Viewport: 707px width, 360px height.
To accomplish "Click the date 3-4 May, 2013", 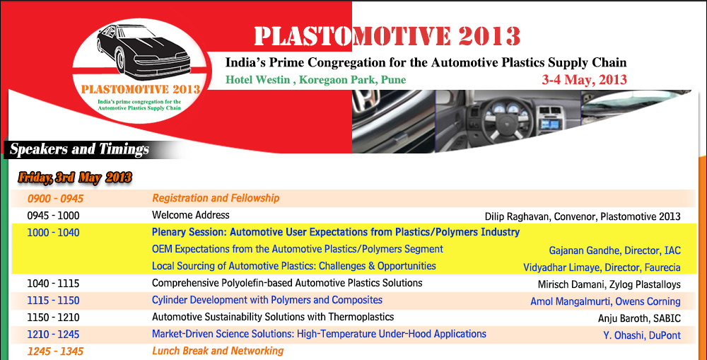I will pos(584,80).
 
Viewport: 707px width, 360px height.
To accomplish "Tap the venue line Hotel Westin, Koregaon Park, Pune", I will pos(316,80).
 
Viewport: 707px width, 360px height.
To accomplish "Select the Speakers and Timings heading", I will pos(79,149).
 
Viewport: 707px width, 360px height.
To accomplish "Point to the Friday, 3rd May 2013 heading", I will pos(75,178).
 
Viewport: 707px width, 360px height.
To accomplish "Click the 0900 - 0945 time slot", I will pos(55,199).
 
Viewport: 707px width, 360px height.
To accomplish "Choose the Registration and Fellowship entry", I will pos(216,199).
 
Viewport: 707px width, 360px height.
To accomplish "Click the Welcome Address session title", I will pos(191,215).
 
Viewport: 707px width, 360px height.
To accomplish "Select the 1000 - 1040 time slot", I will pos(54,233).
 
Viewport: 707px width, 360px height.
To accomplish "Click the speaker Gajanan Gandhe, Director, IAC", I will pos(614,250).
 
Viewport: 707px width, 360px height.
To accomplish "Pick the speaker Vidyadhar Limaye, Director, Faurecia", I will pos(602,267).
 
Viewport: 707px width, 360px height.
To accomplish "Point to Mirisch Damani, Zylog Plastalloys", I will pos(609,284).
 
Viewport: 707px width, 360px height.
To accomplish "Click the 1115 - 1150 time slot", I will pos(53,301).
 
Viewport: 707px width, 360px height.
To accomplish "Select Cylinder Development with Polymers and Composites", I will pos(267,301).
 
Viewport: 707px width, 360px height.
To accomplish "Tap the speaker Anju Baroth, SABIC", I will pos(639,318).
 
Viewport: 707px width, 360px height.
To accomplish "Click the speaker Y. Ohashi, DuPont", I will pos(642,335).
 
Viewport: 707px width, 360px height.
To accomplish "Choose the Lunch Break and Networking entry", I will pos(218,351).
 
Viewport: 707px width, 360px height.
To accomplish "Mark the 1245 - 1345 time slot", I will pos(55,351).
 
